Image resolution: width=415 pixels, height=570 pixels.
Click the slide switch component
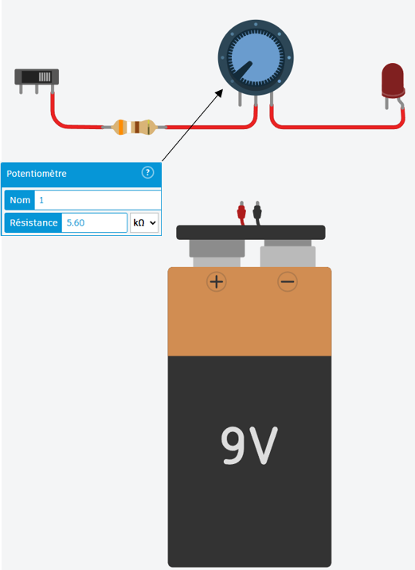(37, 81)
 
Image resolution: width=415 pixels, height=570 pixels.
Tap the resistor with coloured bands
(134, 128)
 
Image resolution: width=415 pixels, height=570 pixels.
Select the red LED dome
(393, 81)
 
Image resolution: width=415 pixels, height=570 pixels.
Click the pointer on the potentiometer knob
(243, 71)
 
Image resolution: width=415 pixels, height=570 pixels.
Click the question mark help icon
(147, 172)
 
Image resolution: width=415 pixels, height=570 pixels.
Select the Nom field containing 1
(98, 200)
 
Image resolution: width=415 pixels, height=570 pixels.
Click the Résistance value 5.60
(76, 222)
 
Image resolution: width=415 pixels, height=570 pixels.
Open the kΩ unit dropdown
(144, 222)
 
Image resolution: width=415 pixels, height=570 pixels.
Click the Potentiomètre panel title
(37, 174)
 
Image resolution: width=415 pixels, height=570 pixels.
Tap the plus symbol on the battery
(217, 281)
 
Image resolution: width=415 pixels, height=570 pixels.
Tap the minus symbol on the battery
(288, 281)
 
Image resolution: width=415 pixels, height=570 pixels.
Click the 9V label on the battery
(249, 446)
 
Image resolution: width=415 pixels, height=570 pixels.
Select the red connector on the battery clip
(241, 213)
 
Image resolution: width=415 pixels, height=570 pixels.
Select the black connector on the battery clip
(257, 213)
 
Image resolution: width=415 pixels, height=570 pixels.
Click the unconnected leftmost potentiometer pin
(240, 99)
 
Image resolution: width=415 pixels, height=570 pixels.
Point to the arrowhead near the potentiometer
(219, 93)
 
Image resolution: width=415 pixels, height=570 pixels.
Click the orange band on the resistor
(121, 128)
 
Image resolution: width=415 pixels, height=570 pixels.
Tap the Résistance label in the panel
(33, 222)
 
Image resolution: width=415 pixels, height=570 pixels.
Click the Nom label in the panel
(20, 200)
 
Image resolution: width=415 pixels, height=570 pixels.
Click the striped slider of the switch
(45, 77)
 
